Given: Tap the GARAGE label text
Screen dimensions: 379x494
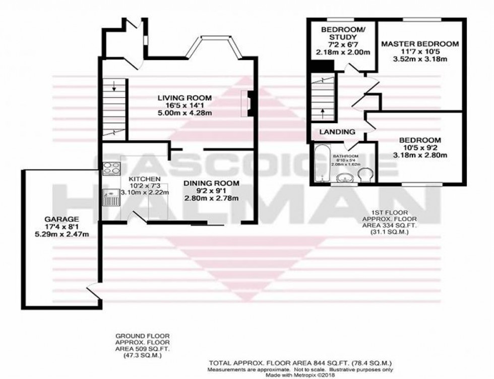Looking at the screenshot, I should (60, 219).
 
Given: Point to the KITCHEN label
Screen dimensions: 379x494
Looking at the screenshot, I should (144, 179).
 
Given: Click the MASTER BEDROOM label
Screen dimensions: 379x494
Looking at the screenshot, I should (419, 44).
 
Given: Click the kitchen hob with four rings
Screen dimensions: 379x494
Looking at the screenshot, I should (110, 168).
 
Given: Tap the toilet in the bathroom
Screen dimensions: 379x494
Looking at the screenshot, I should (365, 176).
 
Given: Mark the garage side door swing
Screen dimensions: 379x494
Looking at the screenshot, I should (93, 290).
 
